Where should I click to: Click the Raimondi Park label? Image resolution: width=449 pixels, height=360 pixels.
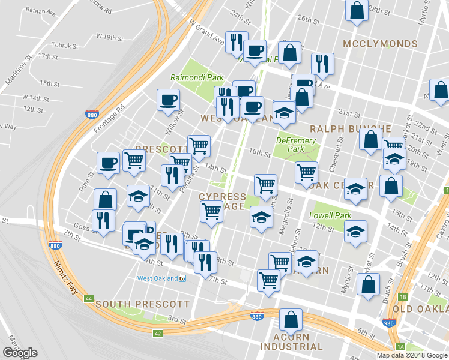pos(197,77)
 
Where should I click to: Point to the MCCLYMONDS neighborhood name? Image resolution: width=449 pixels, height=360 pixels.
pos(380,44)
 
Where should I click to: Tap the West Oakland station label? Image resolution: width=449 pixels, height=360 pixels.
pos(158,278)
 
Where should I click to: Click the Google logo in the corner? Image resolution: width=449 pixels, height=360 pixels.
pos(20,353)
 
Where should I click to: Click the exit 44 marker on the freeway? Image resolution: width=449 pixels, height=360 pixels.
pos(89,298)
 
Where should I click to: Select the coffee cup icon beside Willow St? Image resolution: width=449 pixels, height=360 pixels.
pos(168,99)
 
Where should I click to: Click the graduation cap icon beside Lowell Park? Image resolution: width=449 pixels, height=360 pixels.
pos(355,231)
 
